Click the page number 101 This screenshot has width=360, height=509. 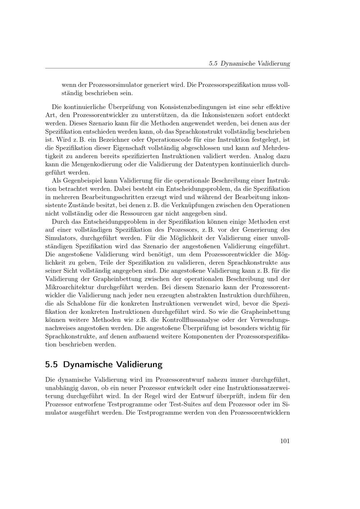(285, 441)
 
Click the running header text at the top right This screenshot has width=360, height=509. (249, 63)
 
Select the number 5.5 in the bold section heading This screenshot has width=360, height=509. (51, 364)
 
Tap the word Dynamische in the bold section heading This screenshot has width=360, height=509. (87, 364)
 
